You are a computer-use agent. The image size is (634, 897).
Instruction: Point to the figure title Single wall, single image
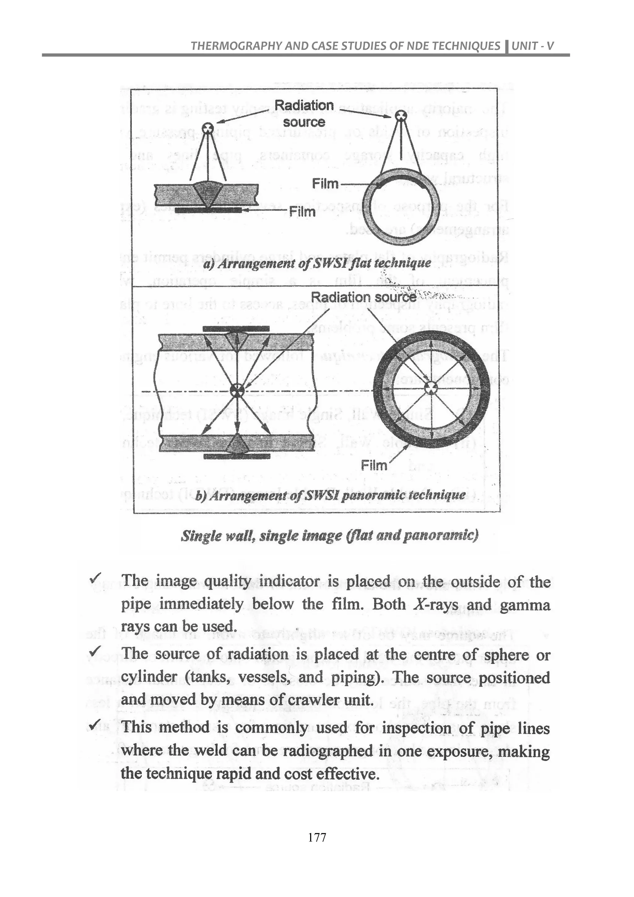(x=329, y=535)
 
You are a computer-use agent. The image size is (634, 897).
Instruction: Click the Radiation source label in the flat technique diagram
(x=304, y=113)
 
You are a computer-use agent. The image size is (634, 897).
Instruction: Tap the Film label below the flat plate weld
(x=302, y=212)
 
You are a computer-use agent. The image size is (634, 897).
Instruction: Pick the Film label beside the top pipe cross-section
(x=325, y=184)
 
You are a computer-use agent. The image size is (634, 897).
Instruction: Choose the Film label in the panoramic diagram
(x=374, y=465)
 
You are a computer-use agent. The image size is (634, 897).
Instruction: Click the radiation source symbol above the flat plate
(x=208, y=128)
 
